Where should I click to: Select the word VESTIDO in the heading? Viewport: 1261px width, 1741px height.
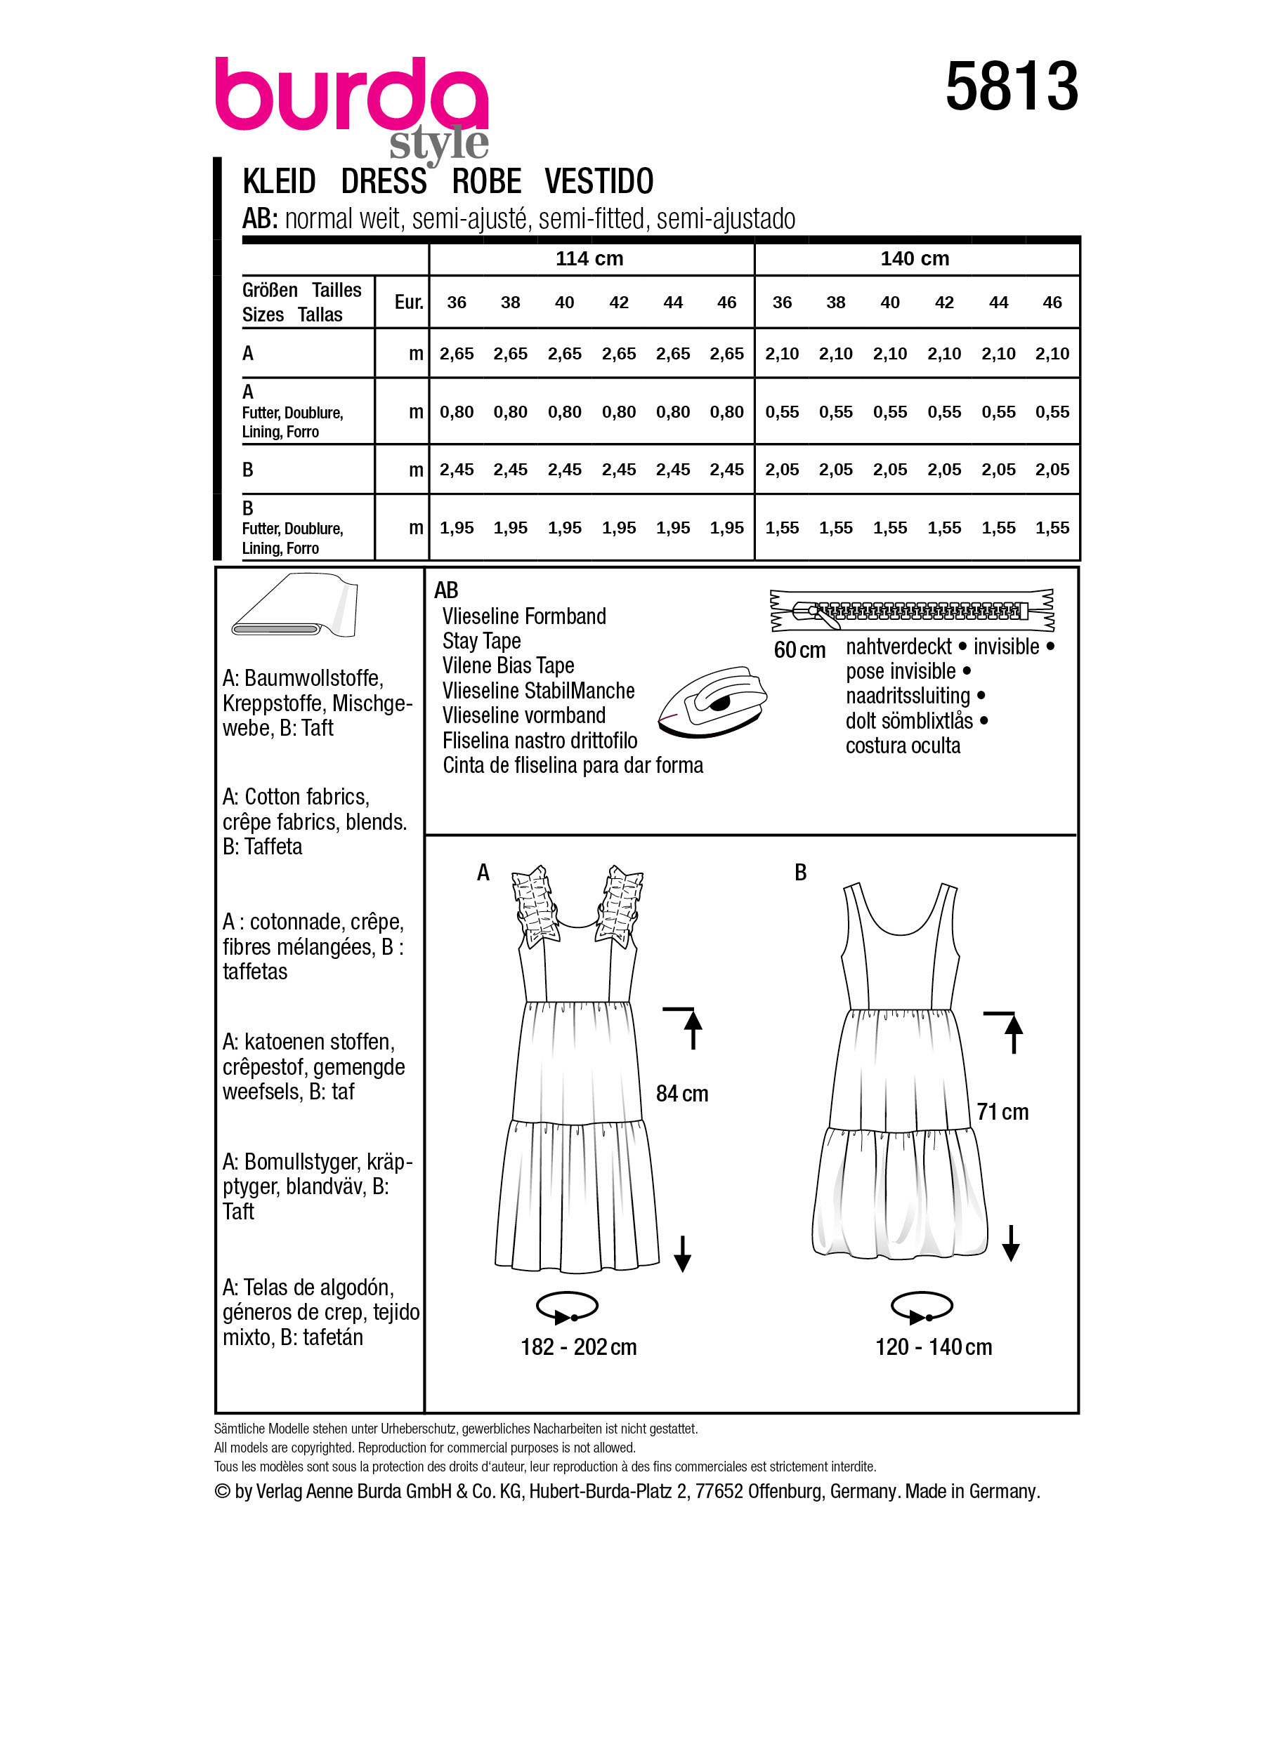pyautogui.click(x=599, y=182)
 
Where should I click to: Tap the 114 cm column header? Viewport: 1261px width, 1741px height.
pyautogui.click(x=589, y=259)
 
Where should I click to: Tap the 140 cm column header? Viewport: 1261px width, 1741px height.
pyautogui.click(x=914, y=259)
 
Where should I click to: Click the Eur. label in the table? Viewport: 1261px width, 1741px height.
pyautogui.click(x=409, y=303)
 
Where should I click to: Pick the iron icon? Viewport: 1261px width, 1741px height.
pyautogui.click(x=712, y=701)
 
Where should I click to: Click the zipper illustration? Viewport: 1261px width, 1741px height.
pyautogui.click(x=912, y=610)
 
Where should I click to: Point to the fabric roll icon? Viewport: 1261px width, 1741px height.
pyautogui.click(x=295, y=605)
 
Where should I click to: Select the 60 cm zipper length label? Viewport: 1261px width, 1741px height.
pyautogui.click(x=799, y=650)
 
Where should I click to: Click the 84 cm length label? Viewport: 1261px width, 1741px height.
pyautogui.click(x=681, y=1094)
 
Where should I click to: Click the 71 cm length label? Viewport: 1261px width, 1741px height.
pyautogui.click(x=1002, y=1112)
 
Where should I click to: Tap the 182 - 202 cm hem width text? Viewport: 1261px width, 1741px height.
pyautogui.click(x=578, y=1347)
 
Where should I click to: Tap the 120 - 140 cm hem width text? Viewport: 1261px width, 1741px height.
pyautogui.click(x=933, y=1347)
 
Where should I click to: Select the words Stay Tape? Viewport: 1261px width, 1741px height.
pyautogui.click(x=481, y=641)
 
